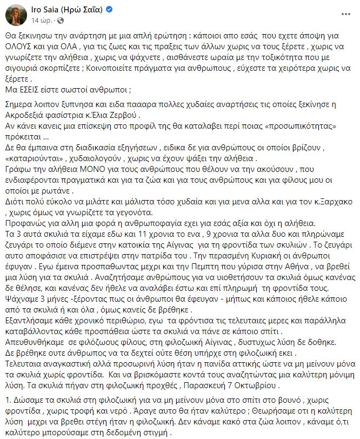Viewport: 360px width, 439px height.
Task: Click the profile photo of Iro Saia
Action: click(x=16, y=17)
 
